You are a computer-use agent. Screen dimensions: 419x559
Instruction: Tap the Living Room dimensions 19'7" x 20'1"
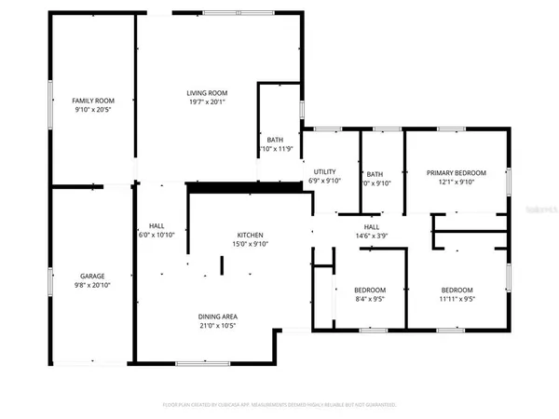(x=207, y=103)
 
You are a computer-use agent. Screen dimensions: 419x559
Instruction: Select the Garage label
(x=91, y=276)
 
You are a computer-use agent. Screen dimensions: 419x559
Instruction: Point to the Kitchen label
(x=250, y=235)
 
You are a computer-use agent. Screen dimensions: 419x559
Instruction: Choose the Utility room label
(x=324, y=171)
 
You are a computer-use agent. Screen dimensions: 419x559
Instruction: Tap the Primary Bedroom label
(x=457, y=172)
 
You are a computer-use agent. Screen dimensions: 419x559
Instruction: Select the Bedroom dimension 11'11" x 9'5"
(x=457, y=300)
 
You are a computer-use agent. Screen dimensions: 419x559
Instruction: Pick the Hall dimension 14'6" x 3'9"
(x=371, y=237)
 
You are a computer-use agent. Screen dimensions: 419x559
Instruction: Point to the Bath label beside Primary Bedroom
(x=375, y=173)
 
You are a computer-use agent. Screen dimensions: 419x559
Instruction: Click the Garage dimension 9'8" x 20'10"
(x=91, y=286)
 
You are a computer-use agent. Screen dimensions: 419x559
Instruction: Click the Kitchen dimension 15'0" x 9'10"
(x=250, y=245)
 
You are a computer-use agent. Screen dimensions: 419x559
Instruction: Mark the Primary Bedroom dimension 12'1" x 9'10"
(x=457, y=182)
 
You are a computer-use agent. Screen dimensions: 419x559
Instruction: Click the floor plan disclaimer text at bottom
(x=279, y=405)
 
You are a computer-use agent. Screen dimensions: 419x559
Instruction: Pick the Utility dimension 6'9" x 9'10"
(x=324, y=182)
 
